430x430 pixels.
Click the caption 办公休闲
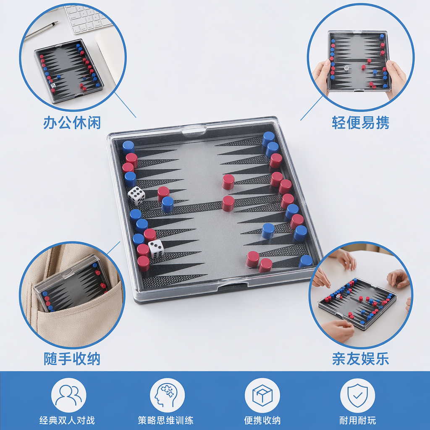tap(72, 122)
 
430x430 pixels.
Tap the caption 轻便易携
tap(360, 122)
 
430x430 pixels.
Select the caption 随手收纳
tap(72, 359)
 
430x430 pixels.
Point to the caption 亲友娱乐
tap(360, 359)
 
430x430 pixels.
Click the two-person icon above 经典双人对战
tap(68, 395)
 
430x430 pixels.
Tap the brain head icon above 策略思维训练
tap(167, 395)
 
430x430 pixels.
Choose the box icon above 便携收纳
tap(262, 395)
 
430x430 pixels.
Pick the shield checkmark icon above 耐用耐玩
tap(358, 395)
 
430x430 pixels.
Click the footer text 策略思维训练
tap(165, 420)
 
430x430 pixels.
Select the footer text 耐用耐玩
tap(358, 420)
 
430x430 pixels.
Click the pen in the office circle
tap(41, 30)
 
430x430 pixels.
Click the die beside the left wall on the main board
tap(136, 196)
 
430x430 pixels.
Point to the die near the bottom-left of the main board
tap(156, 249)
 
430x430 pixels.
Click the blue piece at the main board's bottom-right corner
tap(305, 261)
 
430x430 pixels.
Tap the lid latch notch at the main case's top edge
tap(194, 131)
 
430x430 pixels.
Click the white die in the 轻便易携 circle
tap(346, 68)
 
